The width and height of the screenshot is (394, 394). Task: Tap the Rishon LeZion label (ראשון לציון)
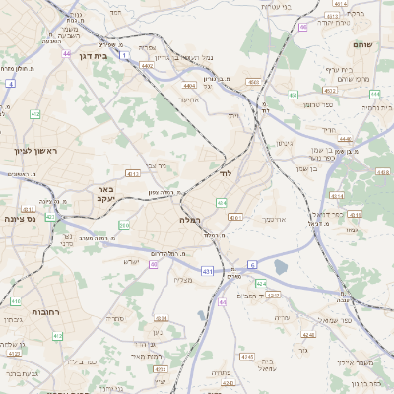point(36,151)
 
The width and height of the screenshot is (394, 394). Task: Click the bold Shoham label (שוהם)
point(364,45)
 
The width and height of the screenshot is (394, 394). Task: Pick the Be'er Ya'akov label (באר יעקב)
point(106,193)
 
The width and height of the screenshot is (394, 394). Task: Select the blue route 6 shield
point(252,265)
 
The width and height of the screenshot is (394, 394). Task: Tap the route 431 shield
point(206,269)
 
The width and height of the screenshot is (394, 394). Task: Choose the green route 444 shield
point(375,94)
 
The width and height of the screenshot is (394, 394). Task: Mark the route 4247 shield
point(272,295)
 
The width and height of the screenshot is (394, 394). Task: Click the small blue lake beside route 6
point(281,266)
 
